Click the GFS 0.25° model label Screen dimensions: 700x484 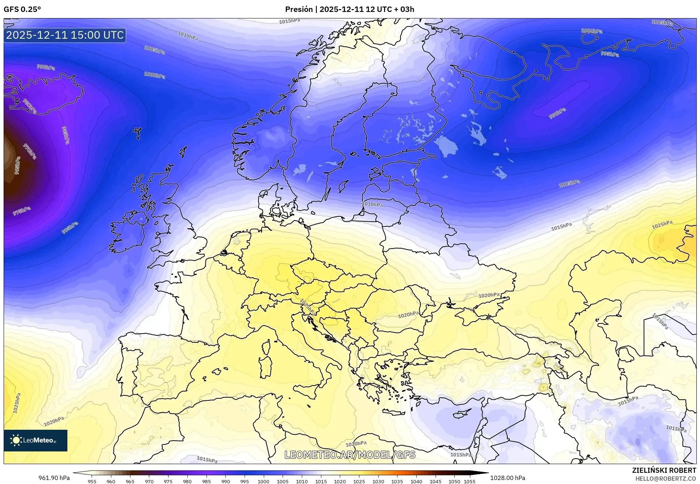click(x=22, y=9)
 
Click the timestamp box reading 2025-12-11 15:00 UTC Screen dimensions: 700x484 click(x=65, y=35)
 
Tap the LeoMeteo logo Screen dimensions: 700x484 click(x=35, y=440)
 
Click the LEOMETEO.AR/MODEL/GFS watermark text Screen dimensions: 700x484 click(x=350, y=455)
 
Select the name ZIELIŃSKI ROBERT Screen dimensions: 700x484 click(x=664, y=470)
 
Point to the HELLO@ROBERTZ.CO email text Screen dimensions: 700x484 click(x=665, y=479)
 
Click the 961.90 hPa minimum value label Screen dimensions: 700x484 click(x=54, y=478)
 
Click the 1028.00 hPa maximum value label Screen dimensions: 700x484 click(x=507, y=478)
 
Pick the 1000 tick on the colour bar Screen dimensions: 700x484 click(x=263, y=481)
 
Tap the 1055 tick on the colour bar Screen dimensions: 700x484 click(x=470, y=481)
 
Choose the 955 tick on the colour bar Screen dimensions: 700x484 click(x=92, y=481)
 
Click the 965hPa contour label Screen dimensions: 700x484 click(x=17, y=166)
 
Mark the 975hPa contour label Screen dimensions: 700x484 click(x=22, y=211)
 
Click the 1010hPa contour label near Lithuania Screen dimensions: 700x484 click(x=372, y=204)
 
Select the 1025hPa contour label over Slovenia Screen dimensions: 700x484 click(x=307, y=307)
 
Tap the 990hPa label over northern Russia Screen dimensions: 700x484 click(x=557, y=113)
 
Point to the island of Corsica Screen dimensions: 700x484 click(x=266, y=347)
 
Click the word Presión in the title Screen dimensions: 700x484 click(x=299, y=9)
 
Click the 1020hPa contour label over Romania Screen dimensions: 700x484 click(x=408, y=315)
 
